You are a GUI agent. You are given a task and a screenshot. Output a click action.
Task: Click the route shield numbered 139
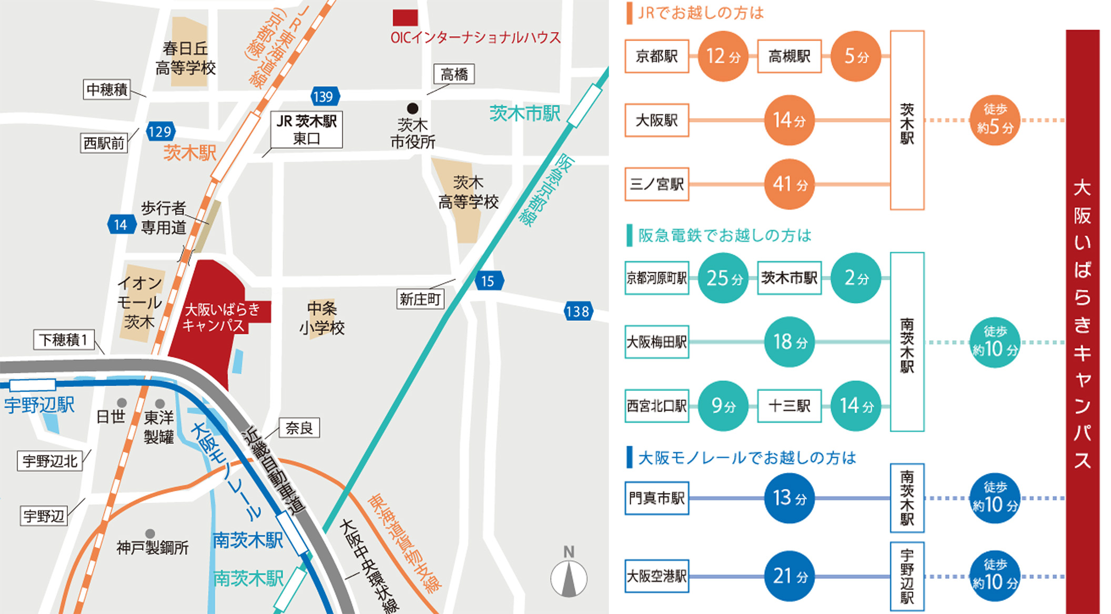[324, 97]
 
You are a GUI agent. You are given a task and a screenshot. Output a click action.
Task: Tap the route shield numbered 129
[160, 132]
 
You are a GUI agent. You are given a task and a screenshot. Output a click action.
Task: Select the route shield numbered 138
[578, 312]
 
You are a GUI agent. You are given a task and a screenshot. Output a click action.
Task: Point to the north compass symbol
[569, 577]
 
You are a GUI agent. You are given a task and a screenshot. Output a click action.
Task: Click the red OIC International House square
[405, 18]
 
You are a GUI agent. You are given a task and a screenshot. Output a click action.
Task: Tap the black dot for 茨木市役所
[413, 108]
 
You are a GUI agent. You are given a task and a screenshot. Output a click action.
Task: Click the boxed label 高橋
[454, 74]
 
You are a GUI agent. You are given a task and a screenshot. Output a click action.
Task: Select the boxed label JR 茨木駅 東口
[307, 130]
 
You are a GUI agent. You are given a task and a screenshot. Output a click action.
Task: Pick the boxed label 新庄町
[420, 299]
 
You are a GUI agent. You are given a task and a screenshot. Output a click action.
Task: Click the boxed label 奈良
[299, 428]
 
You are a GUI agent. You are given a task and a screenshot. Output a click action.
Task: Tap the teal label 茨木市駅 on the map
[524, 113]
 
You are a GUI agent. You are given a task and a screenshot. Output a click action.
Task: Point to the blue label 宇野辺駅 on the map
[39, 405]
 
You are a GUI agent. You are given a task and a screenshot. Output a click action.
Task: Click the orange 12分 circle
[723, 56]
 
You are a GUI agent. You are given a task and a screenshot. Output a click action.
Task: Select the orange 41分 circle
[789, 184]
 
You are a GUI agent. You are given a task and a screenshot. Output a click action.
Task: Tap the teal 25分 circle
[723, 278]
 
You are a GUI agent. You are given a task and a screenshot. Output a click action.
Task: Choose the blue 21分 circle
[789, 576]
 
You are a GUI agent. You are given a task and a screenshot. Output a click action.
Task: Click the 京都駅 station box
[656, 56]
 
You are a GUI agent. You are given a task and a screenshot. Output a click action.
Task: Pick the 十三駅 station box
[789, 406]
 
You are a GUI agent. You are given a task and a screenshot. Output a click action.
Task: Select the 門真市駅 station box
[656, 498]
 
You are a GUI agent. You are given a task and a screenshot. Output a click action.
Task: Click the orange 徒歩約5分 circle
[994, 121]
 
